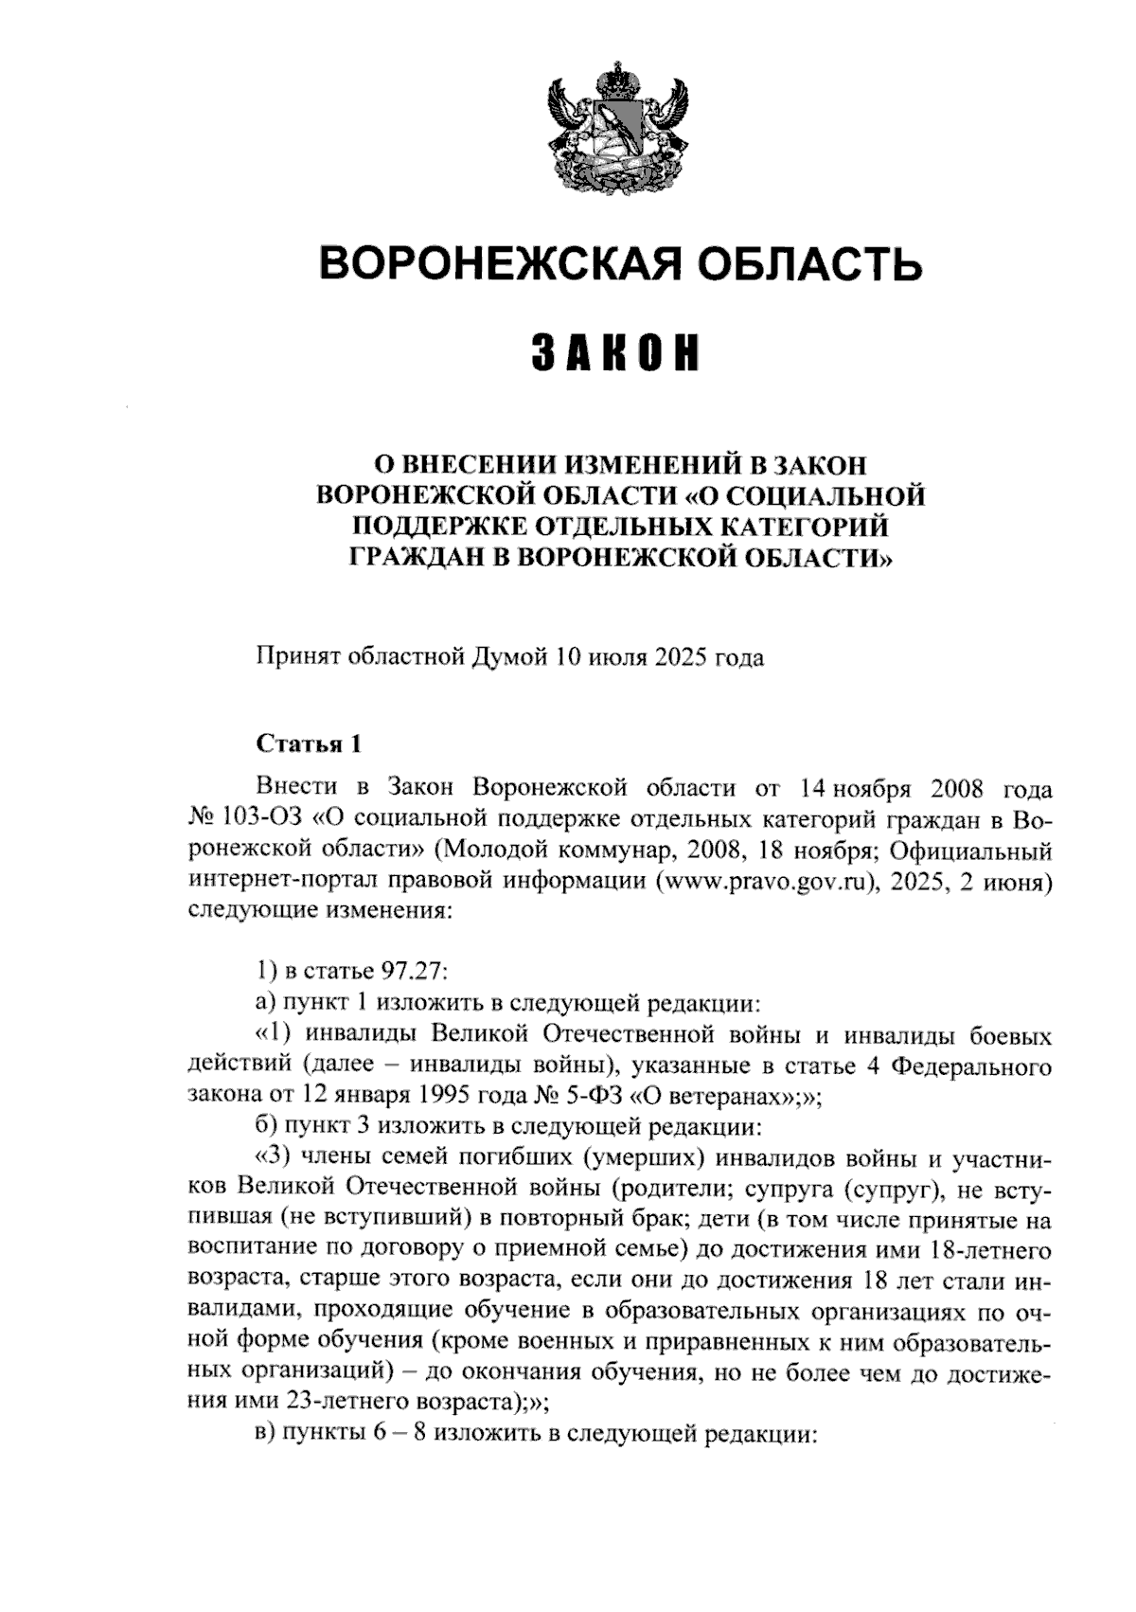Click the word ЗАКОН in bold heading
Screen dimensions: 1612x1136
click(x=615, y=352)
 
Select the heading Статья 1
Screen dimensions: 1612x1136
click(x=309, y=743)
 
